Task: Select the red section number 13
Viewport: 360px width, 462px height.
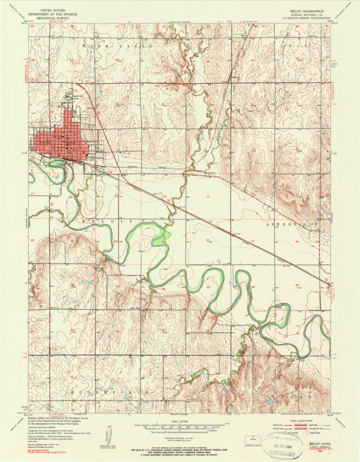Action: click(x=208, y=197)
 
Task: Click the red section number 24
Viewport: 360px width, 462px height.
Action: click(x=208, y=240)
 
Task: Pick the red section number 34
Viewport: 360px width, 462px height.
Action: click(x=117, y=331)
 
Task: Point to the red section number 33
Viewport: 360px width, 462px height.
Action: click(x=72, y=331)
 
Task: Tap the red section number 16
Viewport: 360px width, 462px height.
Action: click(x=70, y=197)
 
